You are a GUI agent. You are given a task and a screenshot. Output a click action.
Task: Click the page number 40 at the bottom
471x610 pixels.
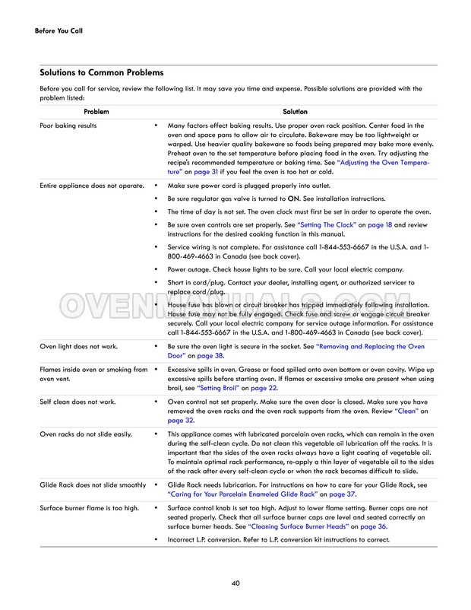click(x=235, y=583)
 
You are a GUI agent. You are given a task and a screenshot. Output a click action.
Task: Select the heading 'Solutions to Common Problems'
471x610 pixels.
click(x=101, y=73)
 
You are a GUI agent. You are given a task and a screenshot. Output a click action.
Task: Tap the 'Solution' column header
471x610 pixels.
click(x=295, y=112)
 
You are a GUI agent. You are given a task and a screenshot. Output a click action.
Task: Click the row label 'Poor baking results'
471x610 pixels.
click(x=68, y=125)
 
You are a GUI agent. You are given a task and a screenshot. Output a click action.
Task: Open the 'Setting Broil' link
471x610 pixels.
click(x=219, y=387)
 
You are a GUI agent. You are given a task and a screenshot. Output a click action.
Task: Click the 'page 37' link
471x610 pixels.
click(x=342, y=494)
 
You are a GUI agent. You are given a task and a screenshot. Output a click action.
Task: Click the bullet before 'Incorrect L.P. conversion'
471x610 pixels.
click(x=155, y=539)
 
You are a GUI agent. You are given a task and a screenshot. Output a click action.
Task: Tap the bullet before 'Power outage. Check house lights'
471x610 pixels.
click(x=155, y=269)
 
